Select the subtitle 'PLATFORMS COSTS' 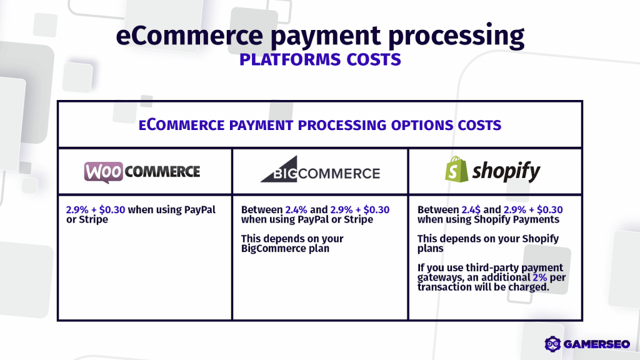click(320, 61)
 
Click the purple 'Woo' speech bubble click(103, 171)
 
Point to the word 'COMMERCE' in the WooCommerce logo click(162, 171)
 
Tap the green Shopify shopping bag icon click(456, 169)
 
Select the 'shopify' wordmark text click(507, 171)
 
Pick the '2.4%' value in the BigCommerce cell click(296, 210)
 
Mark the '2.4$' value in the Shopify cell click(472, 210)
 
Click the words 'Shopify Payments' click(522, 219)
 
